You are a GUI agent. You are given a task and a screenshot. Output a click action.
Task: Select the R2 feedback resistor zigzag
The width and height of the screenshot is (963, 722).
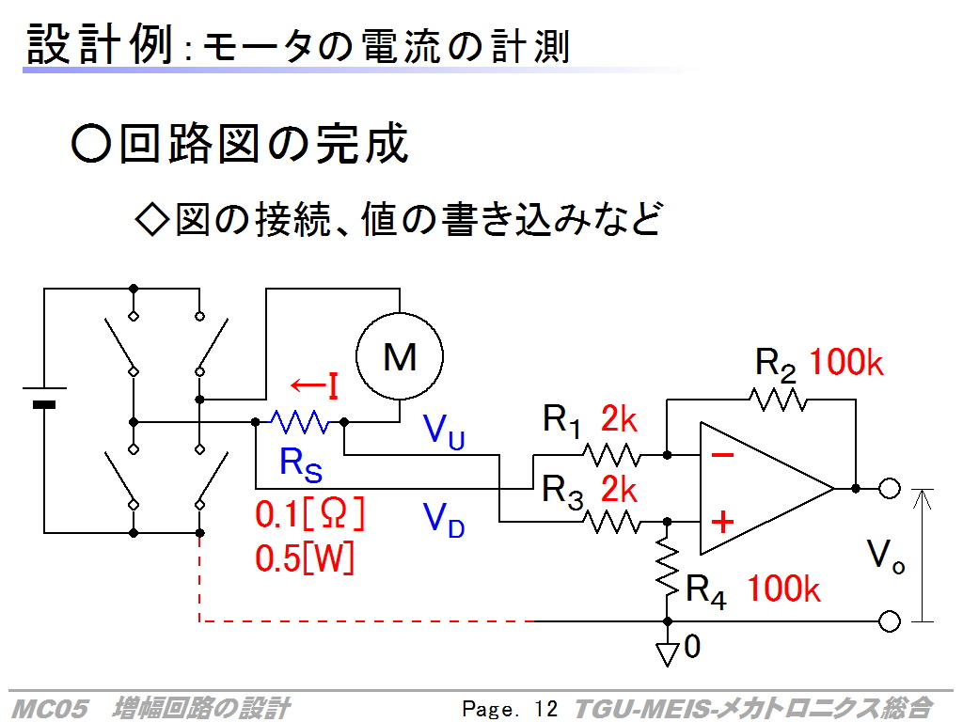tap(778, 400)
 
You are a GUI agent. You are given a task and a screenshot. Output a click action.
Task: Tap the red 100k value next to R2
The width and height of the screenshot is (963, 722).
tap(846, 362)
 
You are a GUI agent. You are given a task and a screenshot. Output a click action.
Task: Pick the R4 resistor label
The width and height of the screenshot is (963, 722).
tap(705, 591)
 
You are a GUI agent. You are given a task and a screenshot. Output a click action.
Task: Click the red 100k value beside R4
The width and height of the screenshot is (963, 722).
tap(783, 589)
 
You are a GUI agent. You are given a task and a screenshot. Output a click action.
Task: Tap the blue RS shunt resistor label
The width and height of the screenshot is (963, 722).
tap(300, 464)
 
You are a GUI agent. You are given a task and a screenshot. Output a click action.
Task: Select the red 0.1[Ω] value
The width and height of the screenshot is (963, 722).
tap(310, 514)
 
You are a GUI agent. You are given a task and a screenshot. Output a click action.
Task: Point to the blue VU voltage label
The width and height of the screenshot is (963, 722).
tap(444, 431)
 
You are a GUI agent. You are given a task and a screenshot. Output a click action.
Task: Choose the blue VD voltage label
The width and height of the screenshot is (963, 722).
tap(444, 519)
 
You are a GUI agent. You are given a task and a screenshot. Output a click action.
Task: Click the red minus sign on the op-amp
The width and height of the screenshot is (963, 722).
tap(722, 455)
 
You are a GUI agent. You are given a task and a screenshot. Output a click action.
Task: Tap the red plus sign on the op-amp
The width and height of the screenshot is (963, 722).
tap(723, 522)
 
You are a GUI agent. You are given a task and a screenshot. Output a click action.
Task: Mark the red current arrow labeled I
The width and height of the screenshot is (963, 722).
tap(314, 386)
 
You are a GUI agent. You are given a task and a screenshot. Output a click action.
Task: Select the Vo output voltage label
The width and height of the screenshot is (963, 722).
tap(886, 557)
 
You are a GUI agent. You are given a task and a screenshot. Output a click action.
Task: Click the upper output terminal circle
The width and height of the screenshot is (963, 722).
tap(890, 489)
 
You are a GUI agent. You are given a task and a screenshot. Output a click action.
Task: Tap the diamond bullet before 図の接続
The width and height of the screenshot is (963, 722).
tap(151, 219)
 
